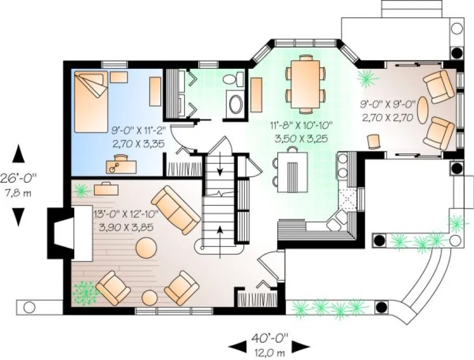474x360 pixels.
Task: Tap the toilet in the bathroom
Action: [232, 79]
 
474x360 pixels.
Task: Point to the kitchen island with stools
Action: [292, 169]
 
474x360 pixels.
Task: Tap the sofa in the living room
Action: [176, 209]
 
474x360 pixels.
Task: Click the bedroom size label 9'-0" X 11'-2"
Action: [138, 131]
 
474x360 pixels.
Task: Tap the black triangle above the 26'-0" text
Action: [18, 153]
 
